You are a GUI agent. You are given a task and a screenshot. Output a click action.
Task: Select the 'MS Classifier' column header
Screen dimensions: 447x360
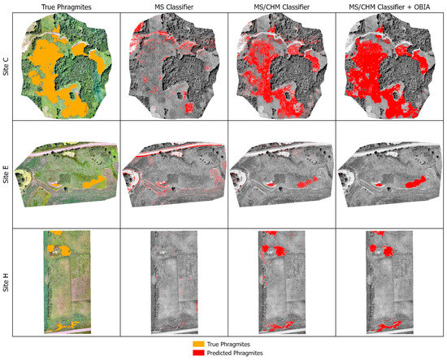(x=173, y=8)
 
